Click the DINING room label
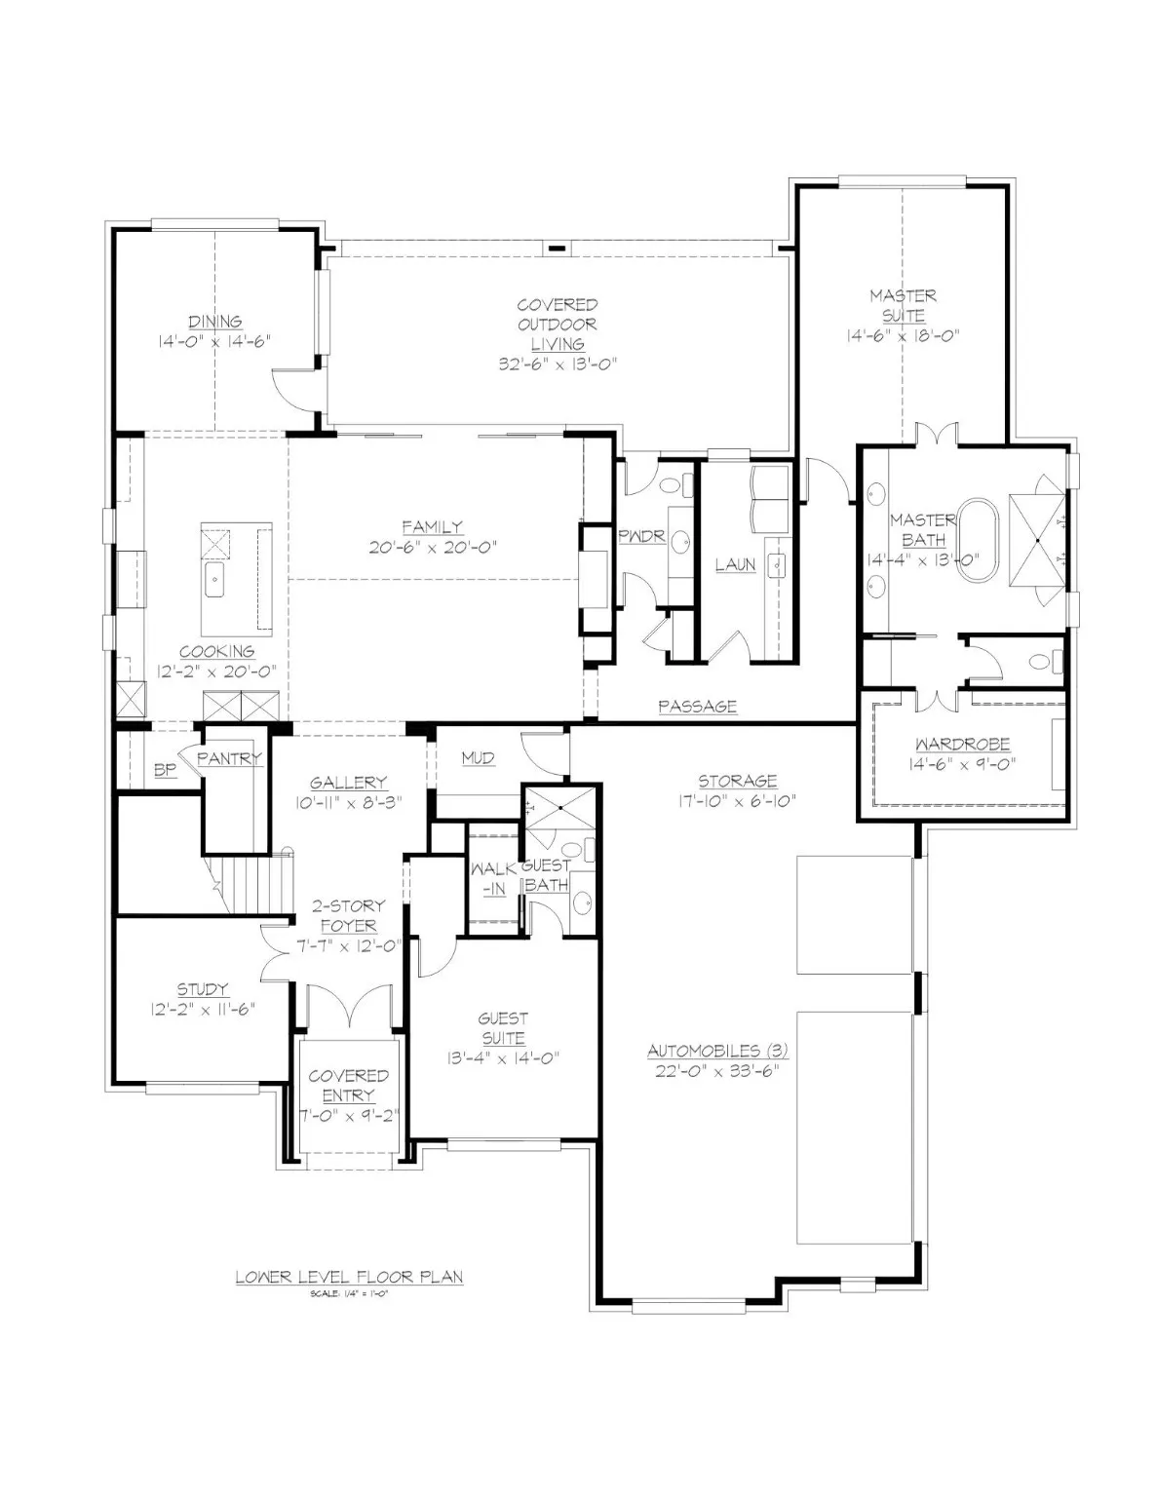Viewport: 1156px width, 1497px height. coord(215,321)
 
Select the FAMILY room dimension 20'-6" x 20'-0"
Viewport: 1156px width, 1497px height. coord(433,548)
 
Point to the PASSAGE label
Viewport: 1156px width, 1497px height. coord(697,707)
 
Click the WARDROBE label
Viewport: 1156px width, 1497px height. coord(962,744)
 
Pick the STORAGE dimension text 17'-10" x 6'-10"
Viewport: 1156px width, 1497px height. coord(738,800)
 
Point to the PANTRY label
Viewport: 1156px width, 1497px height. coord(229,758)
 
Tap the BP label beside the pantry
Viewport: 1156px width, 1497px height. coord(166,770)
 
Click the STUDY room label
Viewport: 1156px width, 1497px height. coord(202,989)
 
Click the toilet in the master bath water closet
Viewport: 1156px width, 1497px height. coord(1047,663)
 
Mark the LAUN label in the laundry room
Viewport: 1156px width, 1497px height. coord(735,565)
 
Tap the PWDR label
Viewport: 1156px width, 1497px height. coord(641,536)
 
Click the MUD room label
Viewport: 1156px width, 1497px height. coord(479,758)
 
